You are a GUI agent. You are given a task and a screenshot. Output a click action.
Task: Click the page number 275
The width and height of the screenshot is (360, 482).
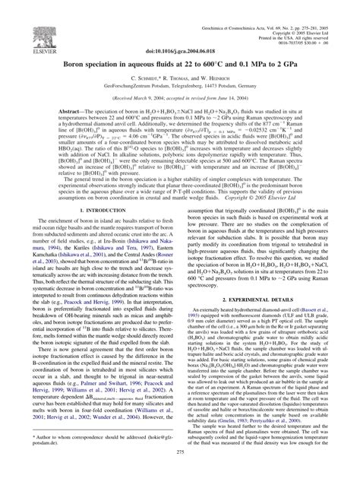coord(180,472)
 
